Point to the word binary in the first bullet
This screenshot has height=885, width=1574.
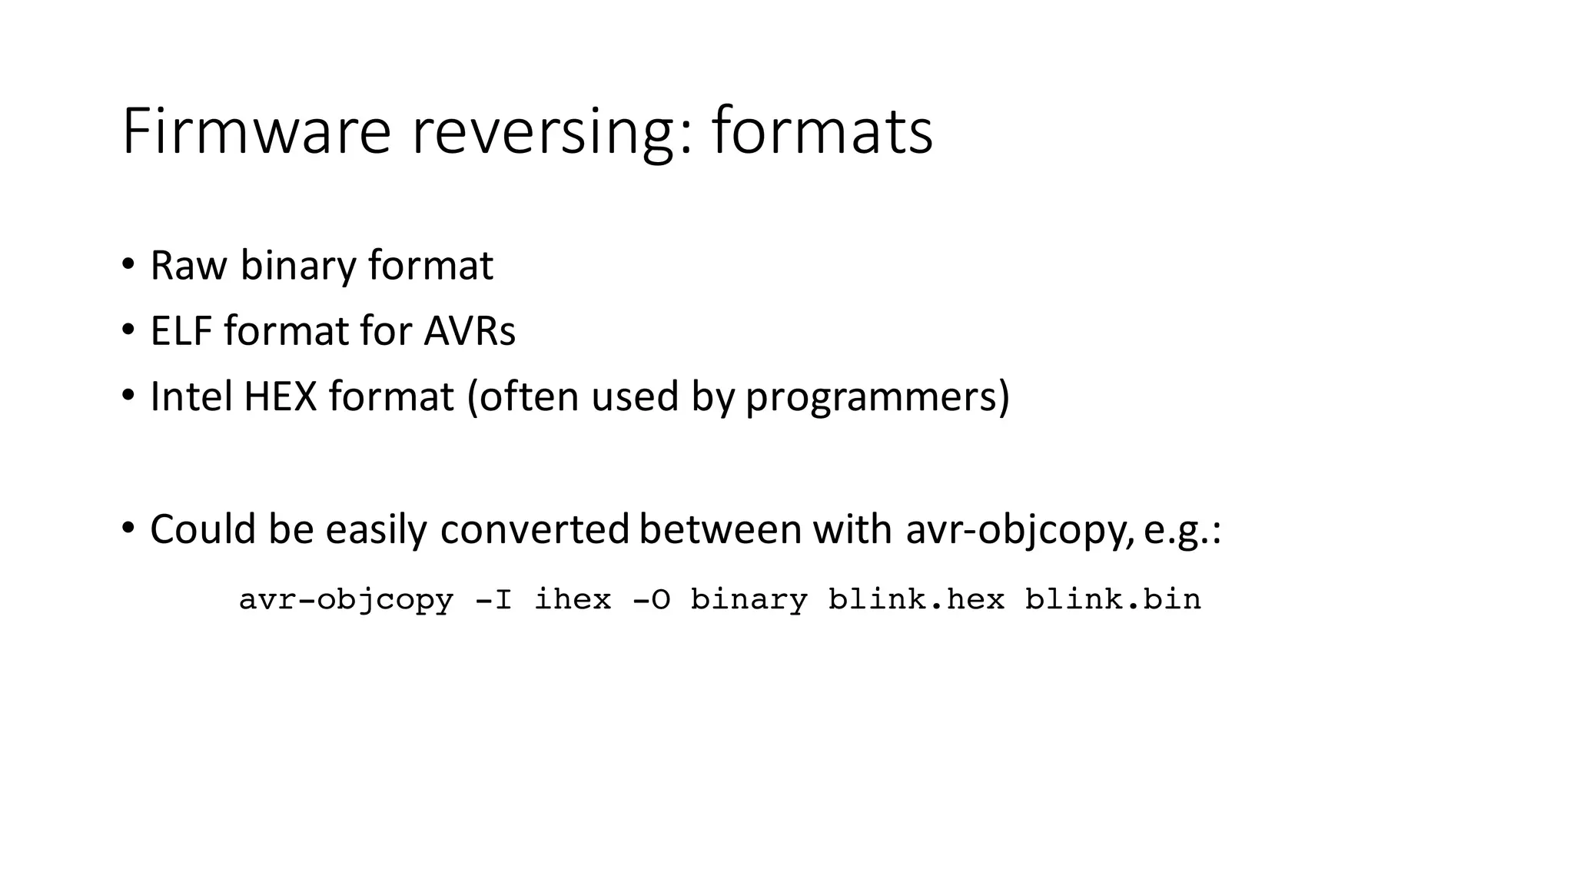[x=298, y=267]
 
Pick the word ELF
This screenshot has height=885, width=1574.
[x=181, y=331]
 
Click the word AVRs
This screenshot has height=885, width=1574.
[x=469, y=331]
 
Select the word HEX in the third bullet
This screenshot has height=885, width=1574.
[x=280, y=396]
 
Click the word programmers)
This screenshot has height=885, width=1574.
[x=877, y=398]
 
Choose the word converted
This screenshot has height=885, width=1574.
[x=534, y=529]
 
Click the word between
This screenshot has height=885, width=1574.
[x=720, y=529]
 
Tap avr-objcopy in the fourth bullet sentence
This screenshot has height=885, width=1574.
[x=1019, y=531]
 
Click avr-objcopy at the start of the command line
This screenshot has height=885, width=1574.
[x=346, y=600]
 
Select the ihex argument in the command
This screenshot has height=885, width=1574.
[x=573, y=599]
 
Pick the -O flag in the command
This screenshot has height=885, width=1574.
[x=651, y=599]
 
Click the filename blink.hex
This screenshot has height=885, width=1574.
[x=916, y=599]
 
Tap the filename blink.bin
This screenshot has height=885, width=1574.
[x=1113, y=599]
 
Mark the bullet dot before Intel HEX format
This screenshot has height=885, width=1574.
[x=128, y=396]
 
